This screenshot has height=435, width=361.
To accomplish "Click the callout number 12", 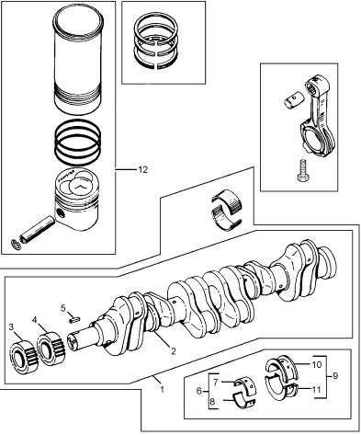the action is [x=143, y=169].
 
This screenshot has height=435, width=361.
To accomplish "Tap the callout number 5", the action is [x=63, y=308].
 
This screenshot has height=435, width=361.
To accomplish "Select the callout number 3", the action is [x=11, y=326].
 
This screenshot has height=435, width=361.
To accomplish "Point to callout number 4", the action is [x=35, y=320].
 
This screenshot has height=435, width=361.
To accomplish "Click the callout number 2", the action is [x=174, y=351].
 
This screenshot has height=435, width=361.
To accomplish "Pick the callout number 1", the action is [x=162, y=389].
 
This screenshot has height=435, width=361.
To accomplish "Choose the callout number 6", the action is [x=199, y=391].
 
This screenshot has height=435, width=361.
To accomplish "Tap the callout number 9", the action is [x=335, y=375].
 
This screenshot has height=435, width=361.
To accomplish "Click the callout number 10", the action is [x=317, y=364].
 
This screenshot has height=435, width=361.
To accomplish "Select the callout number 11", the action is [x=316, y=389].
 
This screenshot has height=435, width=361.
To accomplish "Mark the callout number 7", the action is [x=215, y=383].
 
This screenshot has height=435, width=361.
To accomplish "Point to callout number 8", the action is [x=213, y=401].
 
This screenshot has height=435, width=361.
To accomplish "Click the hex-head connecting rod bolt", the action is [x=302, y=171].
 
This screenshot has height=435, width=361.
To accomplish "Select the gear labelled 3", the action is [x=24, y=357].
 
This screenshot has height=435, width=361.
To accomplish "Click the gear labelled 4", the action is [x=51, y=349].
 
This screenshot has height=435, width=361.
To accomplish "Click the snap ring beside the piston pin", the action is [x=16, y=244].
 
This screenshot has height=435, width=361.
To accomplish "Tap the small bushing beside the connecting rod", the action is [x=293, y=100].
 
